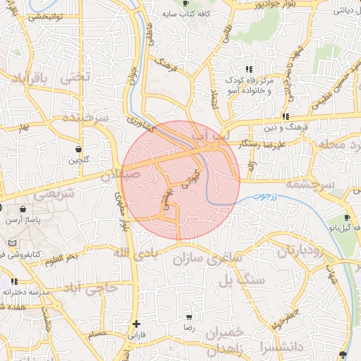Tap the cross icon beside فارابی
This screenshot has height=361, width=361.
[x=136, y=324]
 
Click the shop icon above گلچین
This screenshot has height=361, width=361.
[x=78, y=149]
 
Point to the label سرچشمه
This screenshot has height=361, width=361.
[x=310, y=184]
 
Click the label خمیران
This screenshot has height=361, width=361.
[x=225, y=331]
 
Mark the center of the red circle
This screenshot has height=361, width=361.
[x=180, y=180]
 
